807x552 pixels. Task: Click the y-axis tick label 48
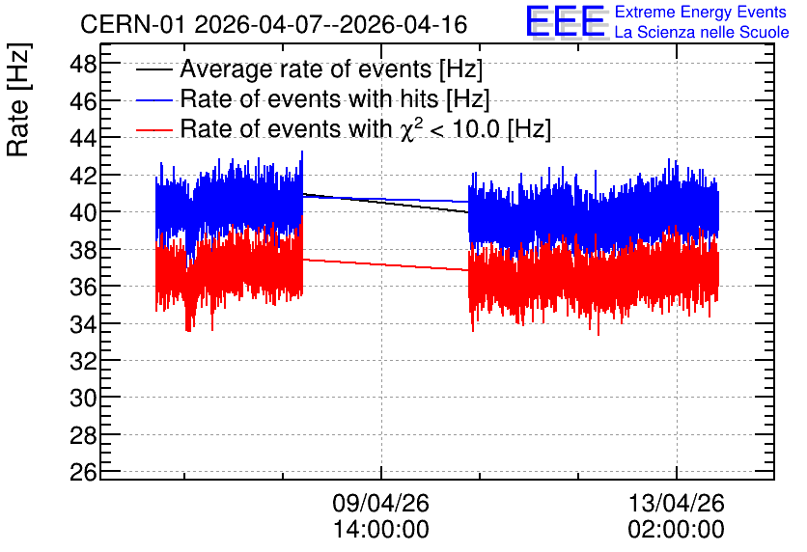(83, 66)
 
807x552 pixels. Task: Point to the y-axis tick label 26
(83, 472)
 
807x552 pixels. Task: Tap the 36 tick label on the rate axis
(83, 287)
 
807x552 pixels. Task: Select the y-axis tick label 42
(83, 176)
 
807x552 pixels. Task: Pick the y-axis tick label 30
(83, 398)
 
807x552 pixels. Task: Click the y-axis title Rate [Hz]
(18, 99)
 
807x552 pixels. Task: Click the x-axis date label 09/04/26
(381, 503)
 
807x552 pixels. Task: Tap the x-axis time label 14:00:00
(381, 530)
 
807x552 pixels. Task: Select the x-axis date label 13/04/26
(677, 503)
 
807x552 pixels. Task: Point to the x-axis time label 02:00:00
(677, 530)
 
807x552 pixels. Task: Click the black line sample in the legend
(153, 69)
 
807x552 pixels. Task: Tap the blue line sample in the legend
(153, 99)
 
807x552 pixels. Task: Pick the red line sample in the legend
(153, 129)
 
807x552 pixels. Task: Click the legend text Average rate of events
(306, 69)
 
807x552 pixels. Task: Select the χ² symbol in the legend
(411, 129)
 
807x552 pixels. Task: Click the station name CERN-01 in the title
(131, 25)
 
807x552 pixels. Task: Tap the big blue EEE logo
(566, 21)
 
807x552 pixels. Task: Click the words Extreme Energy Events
(701, 12)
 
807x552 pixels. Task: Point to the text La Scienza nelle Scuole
(702, 32)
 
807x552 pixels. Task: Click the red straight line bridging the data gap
(385, 265)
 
